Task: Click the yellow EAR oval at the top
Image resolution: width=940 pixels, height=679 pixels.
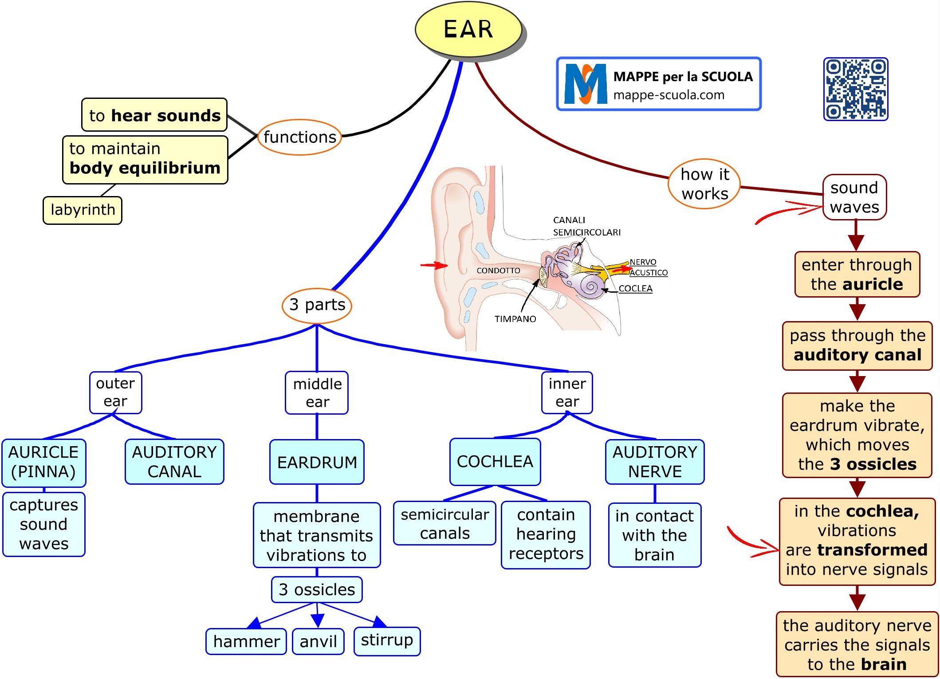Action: pos(468,29)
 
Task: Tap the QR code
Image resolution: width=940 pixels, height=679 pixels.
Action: pos(856,89)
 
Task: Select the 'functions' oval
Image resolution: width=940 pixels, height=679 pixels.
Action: pos(299,137)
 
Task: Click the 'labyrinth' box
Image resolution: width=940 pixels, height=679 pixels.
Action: pos(83,210)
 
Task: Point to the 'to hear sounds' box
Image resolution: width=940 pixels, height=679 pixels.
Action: pos(154,115)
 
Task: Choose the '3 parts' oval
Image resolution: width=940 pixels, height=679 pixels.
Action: pos(317,305)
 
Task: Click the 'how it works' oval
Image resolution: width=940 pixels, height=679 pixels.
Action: pos(704,184)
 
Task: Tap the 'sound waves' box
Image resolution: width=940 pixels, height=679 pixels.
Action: pos(854,197)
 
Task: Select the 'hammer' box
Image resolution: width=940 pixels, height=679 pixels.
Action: pos(246,641)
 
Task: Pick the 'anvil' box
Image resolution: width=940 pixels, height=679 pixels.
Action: pos(318,641)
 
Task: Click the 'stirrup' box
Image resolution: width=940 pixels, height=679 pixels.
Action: pos(387,640)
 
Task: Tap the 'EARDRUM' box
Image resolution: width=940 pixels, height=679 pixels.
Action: pos(317,462)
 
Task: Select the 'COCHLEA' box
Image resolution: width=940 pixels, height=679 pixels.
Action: pos(495,462)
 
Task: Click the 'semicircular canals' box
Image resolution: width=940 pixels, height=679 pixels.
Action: pos(444,523)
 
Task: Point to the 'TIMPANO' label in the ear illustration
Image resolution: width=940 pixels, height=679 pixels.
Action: pos(515,319)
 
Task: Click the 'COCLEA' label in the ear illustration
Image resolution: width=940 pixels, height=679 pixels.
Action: pos(635,289)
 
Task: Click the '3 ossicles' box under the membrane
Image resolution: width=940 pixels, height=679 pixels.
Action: pos(317,590)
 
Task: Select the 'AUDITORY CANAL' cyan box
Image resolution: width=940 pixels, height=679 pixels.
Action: pos(174,462)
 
